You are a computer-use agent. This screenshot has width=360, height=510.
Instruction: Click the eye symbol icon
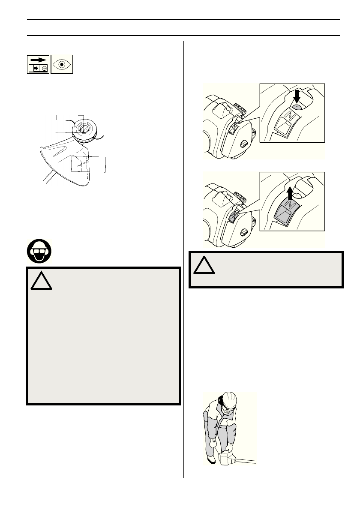tap(62, 64)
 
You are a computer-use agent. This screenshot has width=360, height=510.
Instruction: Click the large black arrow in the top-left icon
tap(38, 60)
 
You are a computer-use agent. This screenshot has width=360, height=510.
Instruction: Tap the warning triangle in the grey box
tap(42, 281)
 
